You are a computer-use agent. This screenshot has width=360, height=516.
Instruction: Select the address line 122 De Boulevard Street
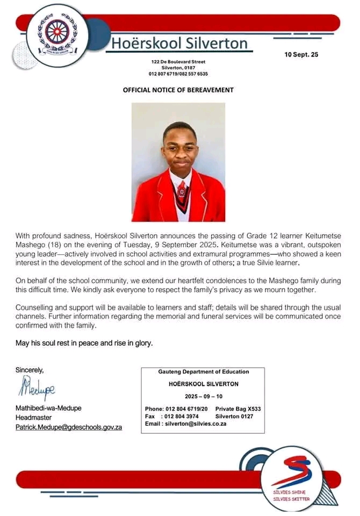(x=178, y=62)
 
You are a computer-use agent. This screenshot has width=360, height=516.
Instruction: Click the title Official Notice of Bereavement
(x=178, y=90)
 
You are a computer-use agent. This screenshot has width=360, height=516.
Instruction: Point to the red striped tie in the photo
(x=182, y=191)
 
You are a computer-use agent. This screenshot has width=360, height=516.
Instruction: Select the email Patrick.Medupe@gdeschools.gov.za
(x=69, y=427)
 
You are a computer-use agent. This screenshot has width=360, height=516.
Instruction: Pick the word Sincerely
(x=30, y=370)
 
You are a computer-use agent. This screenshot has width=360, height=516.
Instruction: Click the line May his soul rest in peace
(x=84, y=343)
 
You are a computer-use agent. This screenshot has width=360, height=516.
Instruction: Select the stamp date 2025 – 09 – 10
(x=203, y=396)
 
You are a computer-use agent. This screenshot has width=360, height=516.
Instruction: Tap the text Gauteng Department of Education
(x=203, y=372)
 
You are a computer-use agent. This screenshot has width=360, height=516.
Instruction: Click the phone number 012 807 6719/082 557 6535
(x=178, y=74)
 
